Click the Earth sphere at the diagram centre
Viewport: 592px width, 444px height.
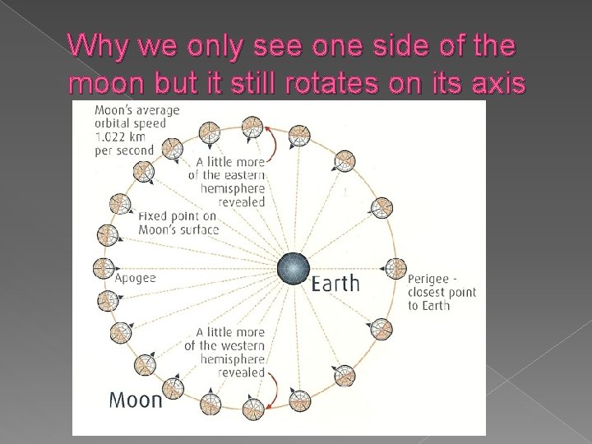[293, 270]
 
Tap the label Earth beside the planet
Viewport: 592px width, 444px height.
[335, 284]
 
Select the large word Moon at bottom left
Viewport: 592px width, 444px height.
[136, 400]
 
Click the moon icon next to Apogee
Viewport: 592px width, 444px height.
[103, 268]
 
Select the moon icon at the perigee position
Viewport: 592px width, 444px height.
[396, 268]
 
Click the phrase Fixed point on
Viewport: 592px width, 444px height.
[177, 216]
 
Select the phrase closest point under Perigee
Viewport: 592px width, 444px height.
[442, 293]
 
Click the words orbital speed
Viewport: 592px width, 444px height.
[130, 123]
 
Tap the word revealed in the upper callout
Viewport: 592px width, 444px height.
[242, 201]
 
